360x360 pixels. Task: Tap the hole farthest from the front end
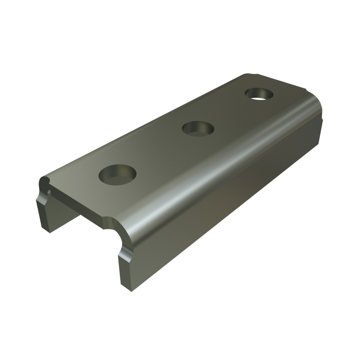tap(260, 94)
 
